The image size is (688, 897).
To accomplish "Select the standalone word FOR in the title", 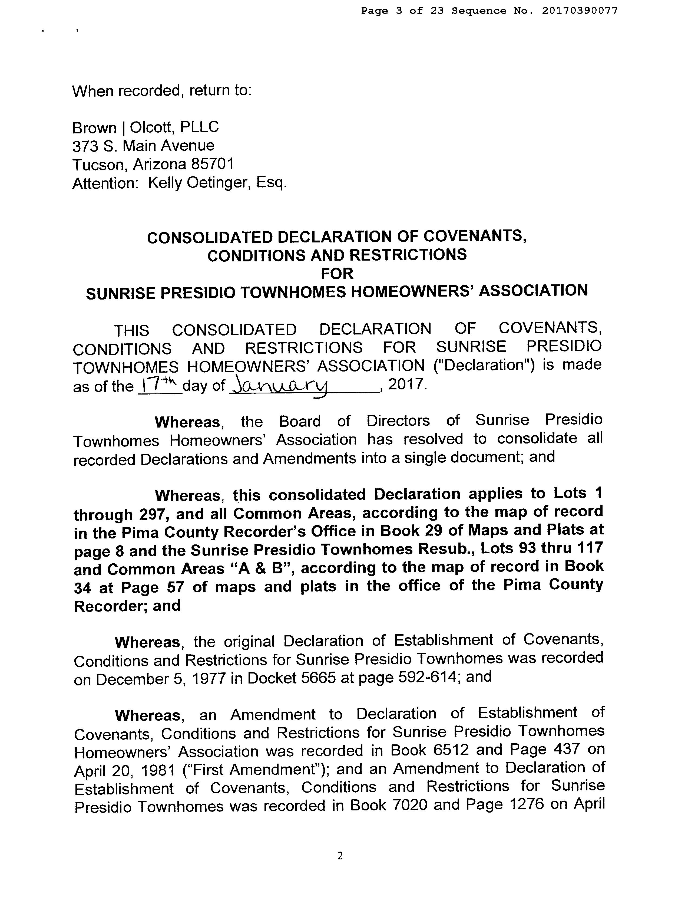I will coord(337,273).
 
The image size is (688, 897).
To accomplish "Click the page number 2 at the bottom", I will coord(339,856).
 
